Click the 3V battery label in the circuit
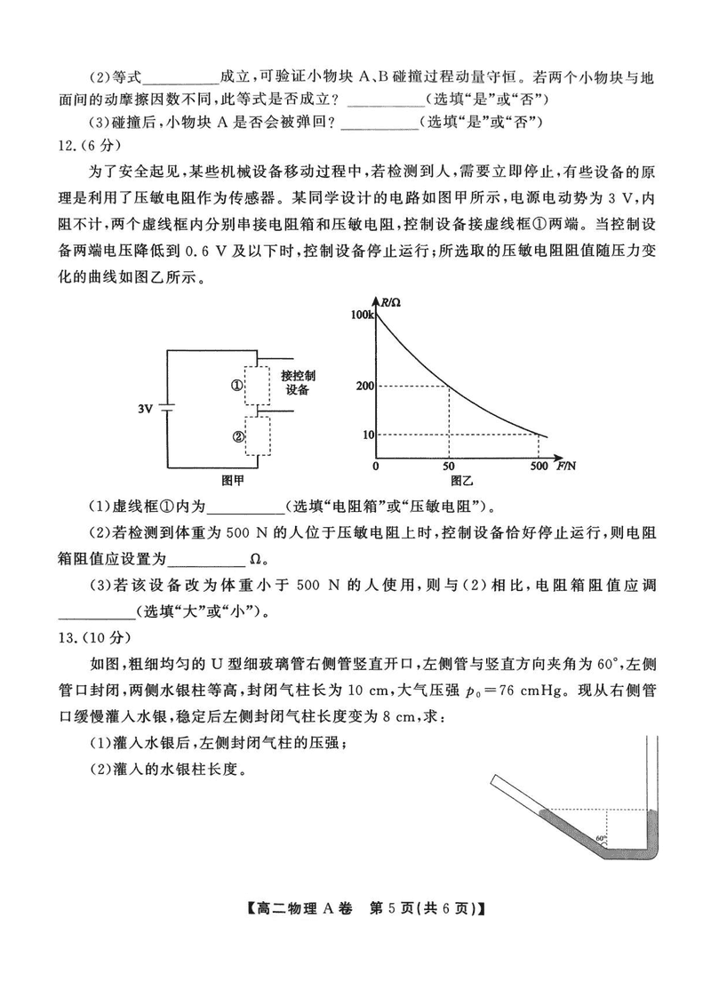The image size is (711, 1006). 148,409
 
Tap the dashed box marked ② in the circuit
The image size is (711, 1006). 259,436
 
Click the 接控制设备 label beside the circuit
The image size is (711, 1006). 298,382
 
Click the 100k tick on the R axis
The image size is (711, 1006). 363,315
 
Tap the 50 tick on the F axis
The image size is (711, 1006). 448,467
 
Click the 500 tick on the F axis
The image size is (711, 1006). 539,467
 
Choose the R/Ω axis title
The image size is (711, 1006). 392,304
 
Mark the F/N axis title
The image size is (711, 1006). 565,465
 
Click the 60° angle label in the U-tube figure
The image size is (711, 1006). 601,838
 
